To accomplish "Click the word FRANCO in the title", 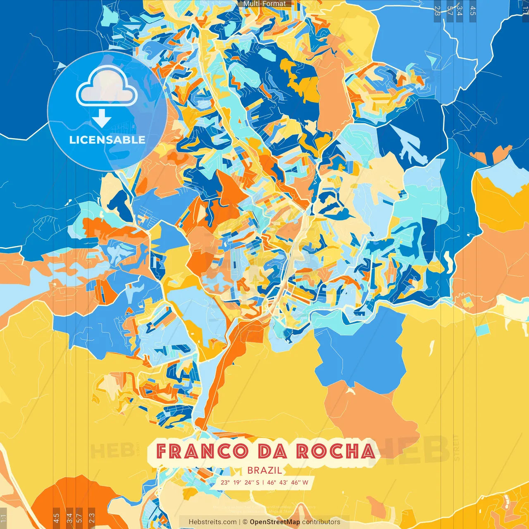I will [x=202, y=451].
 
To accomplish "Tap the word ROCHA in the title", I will [x=335, y=451].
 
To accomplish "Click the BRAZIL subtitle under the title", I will [x=264, y=470].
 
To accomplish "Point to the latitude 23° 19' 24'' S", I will [x=240, y=482].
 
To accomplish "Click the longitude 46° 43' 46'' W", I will [x=287, y=482].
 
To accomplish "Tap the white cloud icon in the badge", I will [x=107, y=86].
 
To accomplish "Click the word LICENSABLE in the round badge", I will [x=107, y=140].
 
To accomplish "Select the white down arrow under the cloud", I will [x=101, y=118].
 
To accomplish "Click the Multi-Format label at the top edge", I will [x=264, y=4].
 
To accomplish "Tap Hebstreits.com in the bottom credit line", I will [x=212, y=522].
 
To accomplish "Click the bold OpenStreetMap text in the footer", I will [x=275, y=522].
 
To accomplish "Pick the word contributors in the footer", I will [x=321, y=522].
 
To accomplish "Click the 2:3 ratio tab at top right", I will [x=437, y=11].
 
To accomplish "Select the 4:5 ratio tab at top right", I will [x=473, y=11].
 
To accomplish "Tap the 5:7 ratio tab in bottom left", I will [x=79, y=518].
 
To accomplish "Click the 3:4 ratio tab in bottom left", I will [x=69, y=518].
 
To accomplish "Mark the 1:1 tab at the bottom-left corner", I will [x=3, y=518].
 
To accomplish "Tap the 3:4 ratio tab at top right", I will [x=460, y=11].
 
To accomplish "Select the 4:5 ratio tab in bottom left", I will [x=56, y=518].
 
